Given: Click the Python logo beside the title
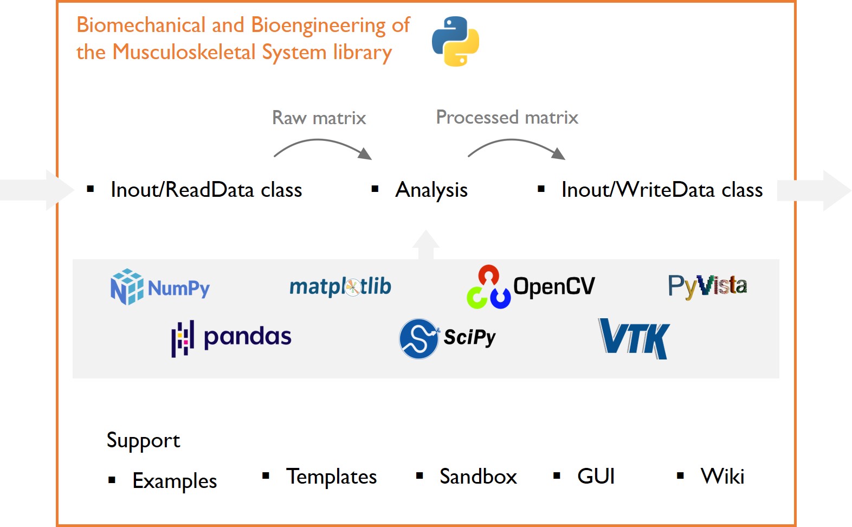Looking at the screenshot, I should coord(455,41).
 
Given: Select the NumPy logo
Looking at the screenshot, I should coord(160,287).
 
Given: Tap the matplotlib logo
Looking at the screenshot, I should coord(340,286).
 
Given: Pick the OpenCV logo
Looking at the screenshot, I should coord(531,287).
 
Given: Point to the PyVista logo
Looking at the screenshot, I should coord(707,286).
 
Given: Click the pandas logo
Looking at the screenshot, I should coord(231,337).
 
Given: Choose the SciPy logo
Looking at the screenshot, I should coord(448,338).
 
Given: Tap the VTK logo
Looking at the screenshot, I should coord(634,338).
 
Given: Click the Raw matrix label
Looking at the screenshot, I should coord(319,118).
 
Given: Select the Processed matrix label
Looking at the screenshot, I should coord(507,117).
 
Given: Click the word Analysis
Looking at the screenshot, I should coord(431,190).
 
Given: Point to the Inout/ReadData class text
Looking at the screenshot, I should coord(206,190).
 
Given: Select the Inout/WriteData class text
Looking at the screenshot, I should coord(662,190).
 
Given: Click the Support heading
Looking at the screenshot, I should coord(143,440).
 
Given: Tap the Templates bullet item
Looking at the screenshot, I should coord(331,477).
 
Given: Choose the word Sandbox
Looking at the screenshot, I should coord(478,477).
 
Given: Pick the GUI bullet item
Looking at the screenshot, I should coord(596,477).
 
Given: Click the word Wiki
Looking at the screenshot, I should coord(722,477).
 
